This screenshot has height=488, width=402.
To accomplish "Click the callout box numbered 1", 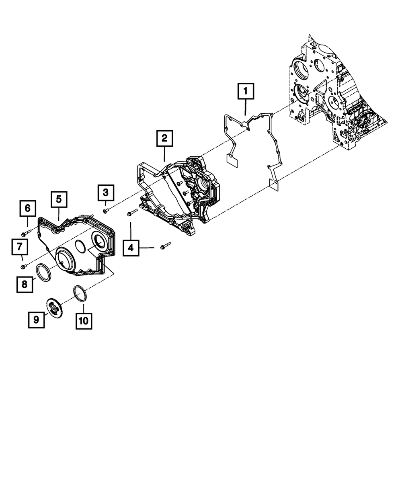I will pyautogui.click(x=245, y=91).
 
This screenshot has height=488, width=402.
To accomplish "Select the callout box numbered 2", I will pyautogui.click(x=165, y=138).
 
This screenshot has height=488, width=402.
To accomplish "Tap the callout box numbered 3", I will pyautogui.click(x=105, y=193).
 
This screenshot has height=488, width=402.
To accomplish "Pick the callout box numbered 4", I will pyautogui.click(x=131, y=248).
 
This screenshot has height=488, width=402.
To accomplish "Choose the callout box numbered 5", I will pyautogui.click(x=59, y=199).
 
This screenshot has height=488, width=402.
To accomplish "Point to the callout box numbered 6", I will pyautogui.click(x=27, y=208).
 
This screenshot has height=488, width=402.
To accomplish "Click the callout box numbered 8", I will pyautogui.click(x=25, y=284).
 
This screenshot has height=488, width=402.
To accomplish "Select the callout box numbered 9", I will pyautogui.click(x=36, y=320).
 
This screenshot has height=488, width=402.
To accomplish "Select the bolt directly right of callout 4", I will pyautogui.click(x=165, y=245).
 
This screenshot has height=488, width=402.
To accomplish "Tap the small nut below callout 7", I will pyautogui.click(x=23, y=267).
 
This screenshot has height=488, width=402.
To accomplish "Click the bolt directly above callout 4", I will pyautogui.click(x=133, y=213).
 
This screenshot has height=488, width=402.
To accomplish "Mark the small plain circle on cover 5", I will pyautogui.click(x=80, y=246).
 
